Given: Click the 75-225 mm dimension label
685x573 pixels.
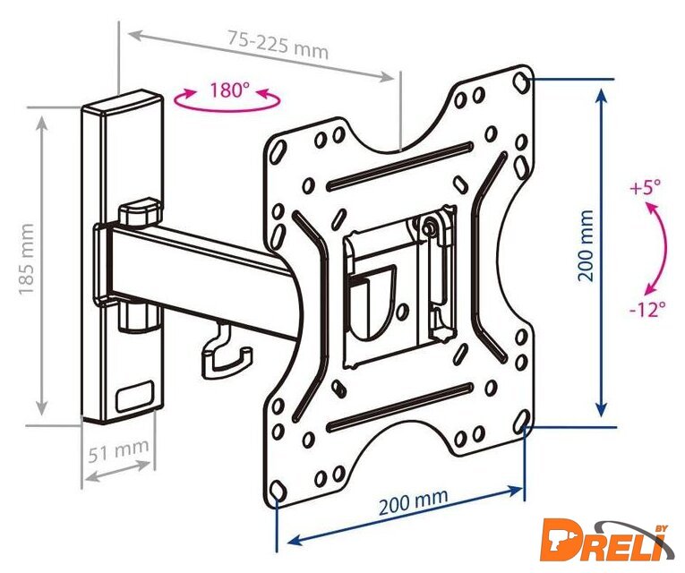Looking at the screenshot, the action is (278, 44).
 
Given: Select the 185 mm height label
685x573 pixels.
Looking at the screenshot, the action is (26, 259).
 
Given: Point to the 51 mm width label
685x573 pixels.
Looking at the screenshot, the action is (118, 449).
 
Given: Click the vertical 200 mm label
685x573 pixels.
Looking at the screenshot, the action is (586, 245).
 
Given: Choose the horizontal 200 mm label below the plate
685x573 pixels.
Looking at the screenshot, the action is (414, 501).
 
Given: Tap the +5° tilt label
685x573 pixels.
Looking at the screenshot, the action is (646, 188).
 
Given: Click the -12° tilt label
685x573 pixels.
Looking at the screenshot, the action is (648, 310).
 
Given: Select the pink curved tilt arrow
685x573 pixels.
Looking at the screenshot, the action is (665, 249).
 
